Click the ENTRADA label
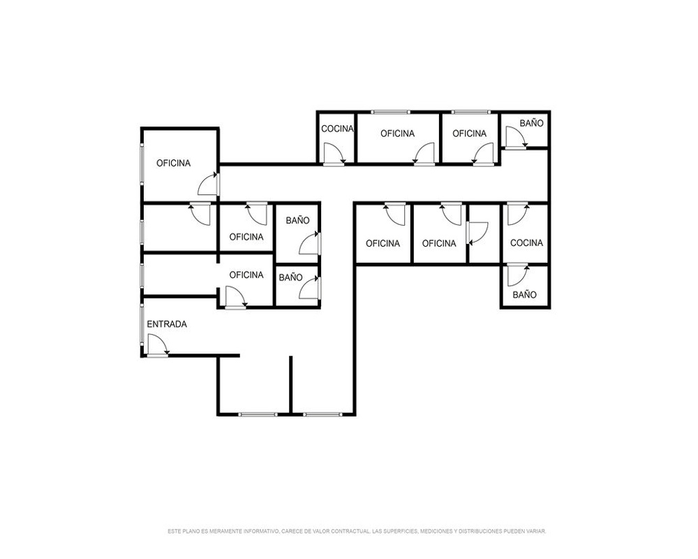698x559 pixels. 167,324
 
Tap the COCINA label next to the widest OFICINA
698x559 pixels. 337,129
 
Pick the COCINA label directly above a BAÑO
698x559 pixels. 526,243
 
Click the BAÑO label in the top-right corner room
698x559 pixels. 531,123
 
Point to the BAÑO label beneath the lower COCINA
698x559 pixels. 524,295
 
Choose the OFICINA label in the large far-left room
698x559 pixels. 173,163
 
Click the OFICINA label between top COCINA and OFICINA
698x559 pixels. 398,133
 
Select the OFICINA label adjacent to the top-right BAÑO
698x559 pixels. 469,133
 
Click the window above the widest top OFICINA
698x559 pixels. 391,111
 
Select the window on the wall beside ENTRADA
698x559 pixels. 142,324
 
